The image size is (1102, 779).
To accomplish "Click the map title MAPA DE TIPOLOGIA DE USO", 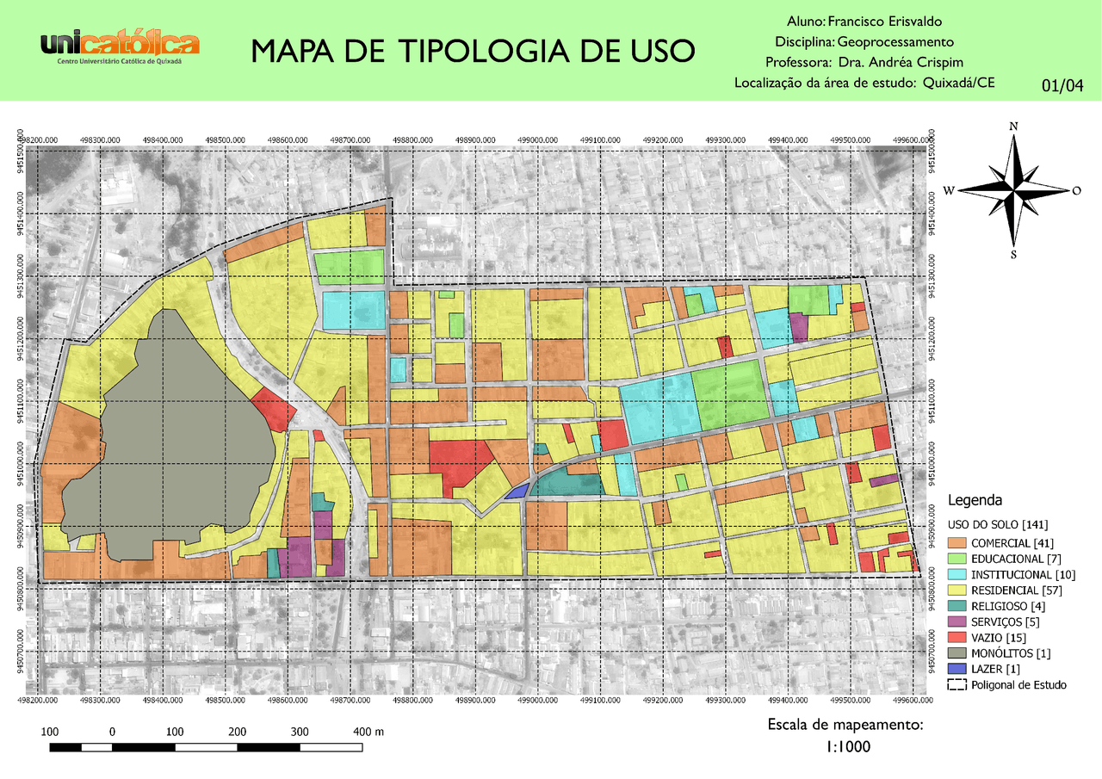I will click(x=472, y=52).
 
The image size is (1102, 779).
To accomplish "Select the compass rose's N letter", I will click(x=1013, y=127).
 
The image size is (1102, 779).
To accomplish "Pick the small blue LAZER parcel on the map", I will click(x=517, y=492).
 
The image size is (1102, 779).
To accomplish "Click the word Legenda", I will click(x=975, y=500).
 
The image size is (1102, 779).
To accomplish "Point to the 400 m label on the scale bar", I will click(x=368, y=732).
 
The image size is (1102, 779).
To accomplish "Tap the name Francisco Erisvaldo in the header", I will click(x=890, y=21).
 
